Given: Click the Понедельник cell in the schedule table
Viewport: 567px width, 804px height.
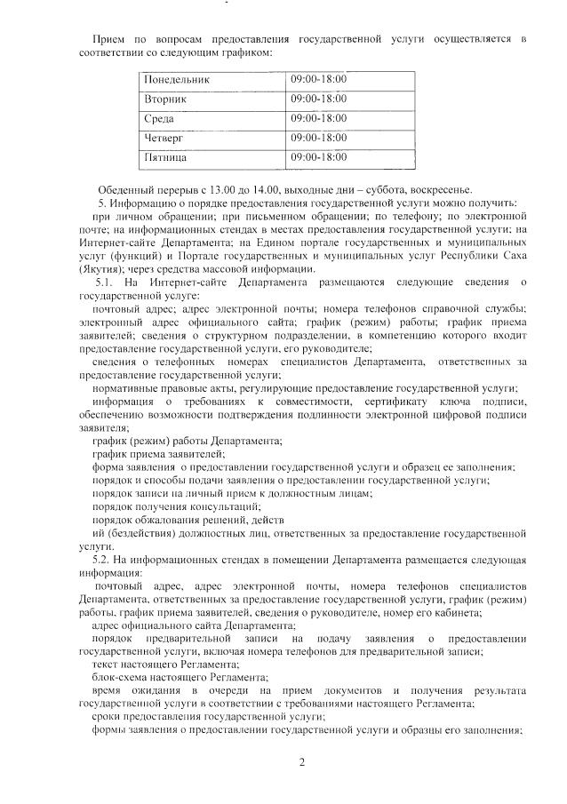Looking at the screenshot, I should (178, 80).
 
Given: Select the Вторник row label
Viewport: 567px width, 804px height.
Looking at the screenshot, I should (166, 100).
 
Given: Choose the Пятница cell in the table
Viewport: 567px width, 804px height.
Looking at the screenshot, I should (166, 158).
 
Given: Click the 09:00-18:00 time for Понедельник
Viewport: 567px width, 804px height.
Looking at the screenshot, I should (319, 80).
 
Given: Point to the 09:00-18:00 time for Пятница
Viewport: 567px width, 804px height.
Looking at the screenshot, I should (319, 158).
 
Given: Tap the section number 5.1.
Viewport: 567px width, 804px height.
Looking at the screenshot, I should (108, 283).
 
